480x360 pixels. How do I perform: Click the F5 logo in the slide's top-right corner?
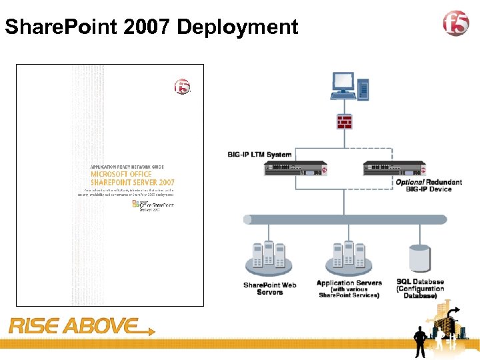point(457,25)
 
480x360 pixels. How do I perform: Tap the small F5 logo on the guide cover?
point(181,87)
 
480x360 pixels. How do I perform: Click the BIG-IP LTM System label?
point(259,155)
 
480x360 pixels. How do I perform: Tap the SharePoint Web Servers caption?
point(269,289)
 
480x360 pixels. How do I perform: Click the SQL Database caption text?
point(420,288)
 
